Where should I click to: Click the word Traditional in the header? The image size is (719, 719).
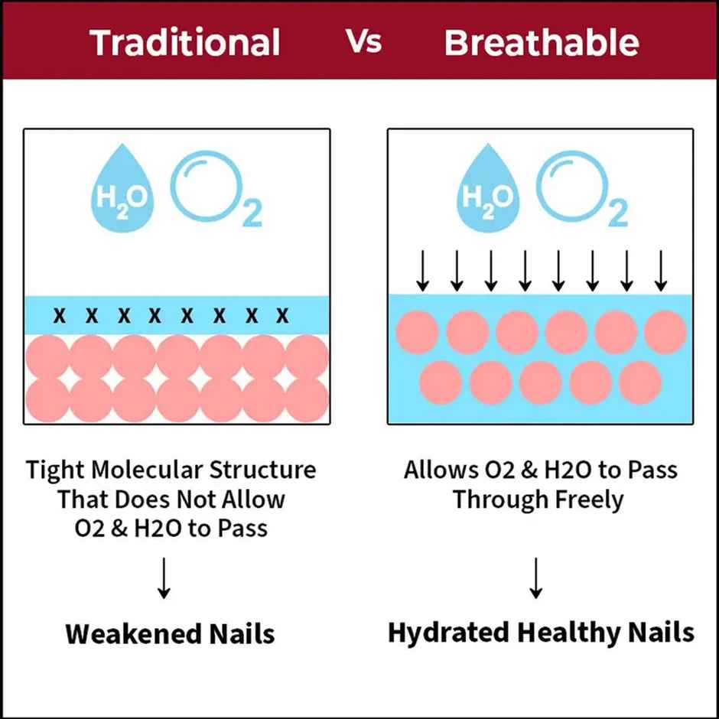click(185, 43)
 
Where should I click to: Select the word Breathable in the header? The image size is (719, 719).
click(541, 43)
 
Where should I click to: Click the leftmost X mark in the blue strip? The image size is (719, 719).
click(60, 314)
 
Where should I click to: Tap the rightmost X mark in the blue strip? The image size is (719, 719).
click(282, 314)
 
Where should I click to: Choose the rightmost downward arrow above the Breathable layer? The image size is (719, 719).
click(661, 270)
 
